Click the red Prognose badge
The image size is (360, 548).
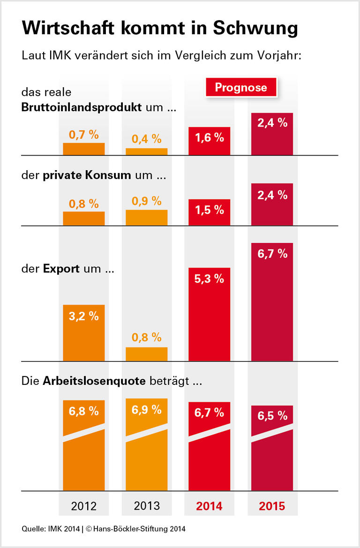pyautogui.click(x=240, y=87)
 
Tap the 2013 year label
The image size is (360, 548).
pyautogui.click(x=146, y=506)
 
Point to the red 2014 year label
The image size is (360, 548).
pyautogui.click(x=209, y=506)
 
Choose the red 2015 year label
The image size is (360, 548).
pyautogui.click(x=272, y=506)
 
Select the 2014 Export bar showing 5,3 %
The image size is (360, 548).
pyautogui.click(x=209, y=314)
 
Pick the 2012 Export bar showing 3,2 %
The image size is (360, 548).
pyautogui.click(x=83, y=333)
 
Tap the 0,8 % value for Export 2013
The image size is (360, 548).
pyautogui.click(x=146, y=337)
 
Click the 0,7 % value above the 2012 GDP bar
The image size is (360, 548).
pyautogui.click(x=83, y=135)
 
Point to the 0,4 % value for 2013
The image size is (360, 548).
pyautogui.click(x=146, y=139)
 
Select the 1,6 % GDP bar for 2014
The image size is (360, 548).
pyautogui.click(x=209, y=141)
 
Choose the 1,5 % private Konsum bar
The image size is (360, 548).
pyautogui.click(x=209, y=212)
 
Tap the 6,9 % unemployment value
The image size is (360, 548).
pyautogui.click(x=146, y=409)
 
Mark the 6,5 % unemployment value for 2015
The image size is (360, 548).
pyautogui.click(x=272, y=415)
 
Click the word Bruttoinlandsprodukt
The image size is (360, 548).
pyautogui.click(x=82, y=107)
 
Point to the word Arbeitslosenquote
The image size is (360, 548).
pyautogui.click(x=95, y=381)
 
